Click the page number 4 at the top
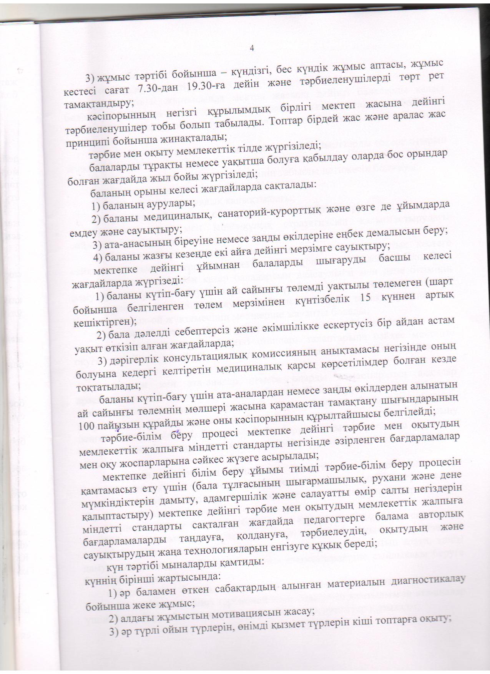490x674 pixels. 252,48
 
